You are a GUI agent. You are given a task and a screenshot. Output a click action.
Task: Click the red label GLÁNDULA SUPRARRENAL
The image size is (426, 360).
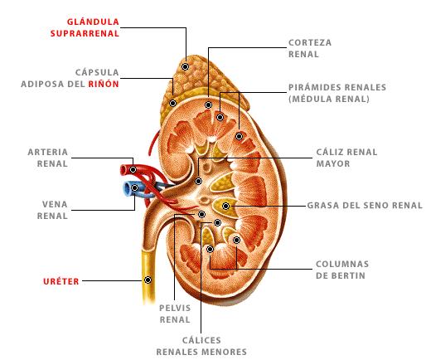click(85, 27)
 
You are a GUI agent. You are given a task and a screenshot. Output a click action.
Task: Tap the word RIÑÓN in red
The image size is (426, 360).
click(104, 84)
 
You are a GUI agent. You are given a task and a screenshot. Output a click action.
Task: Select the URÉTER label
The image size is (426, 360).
click(61, 281)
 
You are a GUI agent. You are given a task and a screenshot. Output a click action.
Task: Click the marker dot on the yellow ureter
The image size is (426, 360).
click(148, 280)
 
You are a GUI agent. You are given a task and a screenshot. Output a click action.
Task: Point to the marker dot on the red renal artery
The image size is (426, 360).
click(133, 169)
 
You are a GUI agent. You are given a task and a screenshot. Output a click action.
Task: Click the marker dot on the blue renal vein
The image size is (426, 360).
click(134, 188)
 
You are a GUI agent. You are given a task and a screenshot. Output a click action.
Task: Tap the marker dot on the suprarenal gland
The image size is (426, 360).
click(185, 66)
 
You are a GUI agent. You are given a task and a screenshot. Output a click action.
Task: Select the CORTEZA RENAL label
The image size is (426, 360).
click(310, 48)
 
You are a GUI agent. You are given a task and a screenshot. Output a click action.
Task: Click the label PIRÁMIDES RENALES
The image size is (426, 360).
click(337, 87)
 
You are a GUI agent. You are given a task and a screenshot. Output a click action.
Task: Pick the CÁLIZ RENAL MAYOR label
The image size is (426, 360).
click(346, 158)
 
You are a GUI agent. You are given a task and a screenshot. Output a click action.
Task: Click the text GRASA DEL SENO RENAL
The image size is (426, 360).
click(365, 206)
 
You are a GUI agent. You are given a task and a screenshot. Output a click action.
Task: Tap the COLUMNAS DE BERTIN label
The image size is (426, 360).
click(342, 270)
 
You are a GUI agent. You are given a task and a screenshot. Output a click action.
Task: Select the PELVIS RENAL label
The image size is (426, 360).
click(175, 314)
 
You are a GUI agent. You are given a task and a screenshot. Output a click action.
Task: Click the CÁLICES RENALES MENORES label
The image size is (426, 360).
click(201, 346)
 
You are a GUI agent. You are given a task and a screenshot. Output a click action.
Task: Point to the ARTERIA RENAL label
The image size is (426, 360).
click(48, 158)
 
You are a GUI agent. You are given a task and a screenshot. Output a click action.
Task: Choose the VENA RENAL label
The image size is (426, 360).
click(52, 210)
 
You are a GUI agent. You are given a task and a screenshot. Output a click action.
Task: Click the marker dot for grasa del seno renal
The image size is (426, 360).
click(225, 206)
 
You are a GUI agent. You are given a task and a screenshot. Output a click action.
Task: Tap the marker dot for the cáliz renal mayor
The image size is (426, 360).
click(198, 181)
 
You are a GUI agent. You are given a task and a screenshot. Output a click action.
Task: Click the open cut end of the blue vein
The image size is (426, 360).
click(127, 189)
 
